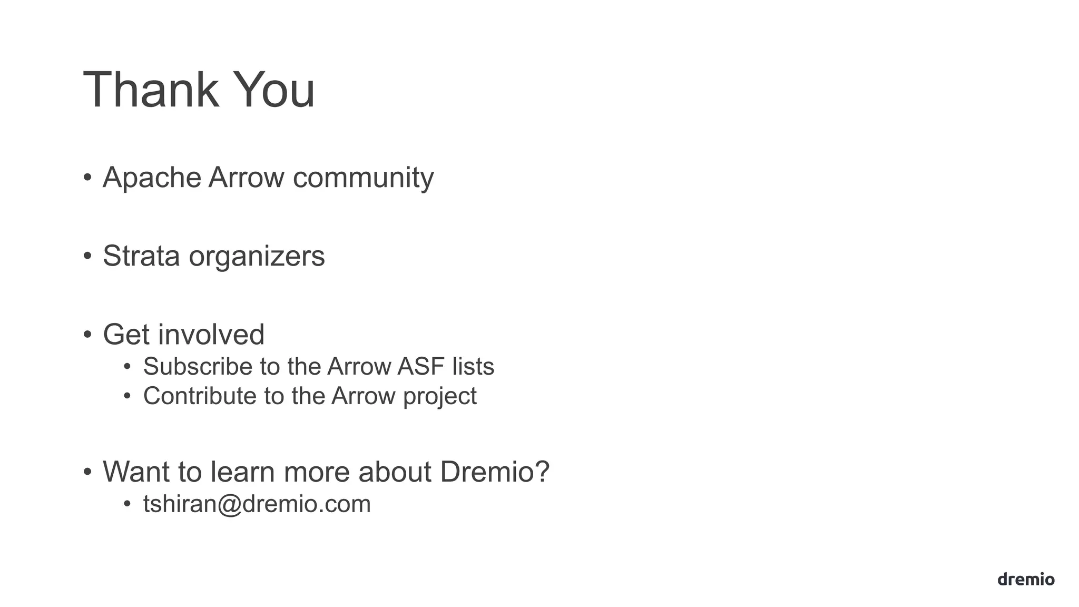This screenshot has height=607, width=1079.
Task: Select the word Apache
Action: [x=152, y=178]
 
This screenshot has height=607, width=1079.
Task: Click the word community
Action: [x=363, y=178]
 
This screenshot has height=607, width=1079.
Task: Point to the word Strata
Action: [x=141, y=256]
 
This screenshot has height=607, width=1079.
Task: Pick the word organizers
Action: [x=257, y=257]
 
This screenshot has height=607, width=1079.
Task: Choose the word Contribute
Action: [x=200, y=396]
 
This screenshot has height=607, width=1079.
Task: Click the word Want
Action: [x=136, y=472]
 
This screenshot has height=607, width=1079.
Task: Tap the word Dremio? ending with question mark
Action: [x=495, y=472]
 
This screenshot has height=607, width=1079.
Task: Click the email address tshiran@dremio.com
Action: [x=257, y=504]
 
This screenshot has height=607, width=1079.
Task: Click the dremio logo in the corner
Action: [x=1026, y=579]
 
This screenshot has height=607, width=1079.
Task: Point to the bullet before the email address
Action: [x=127, y=504]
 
